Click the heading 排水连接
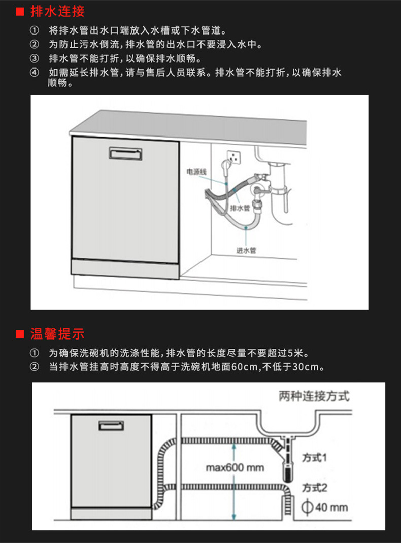(x=58, y=11)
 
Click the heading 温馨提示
(x=58, y=334)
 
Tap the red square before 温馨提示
(x=20, y=334)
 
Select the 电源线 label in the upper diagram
(x=197, y=172)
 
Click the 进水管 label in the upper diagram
(x=246, y=250)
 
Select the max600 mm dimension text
(x=235, y=467)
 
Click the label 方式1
(x=315, y=458)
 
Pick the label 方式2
(x=315, y=488)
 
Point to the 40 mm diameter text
(x=332, y=507)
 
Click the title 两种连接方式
(x=314, y=396)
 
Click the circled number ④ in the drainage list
(x=34, y=73)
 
